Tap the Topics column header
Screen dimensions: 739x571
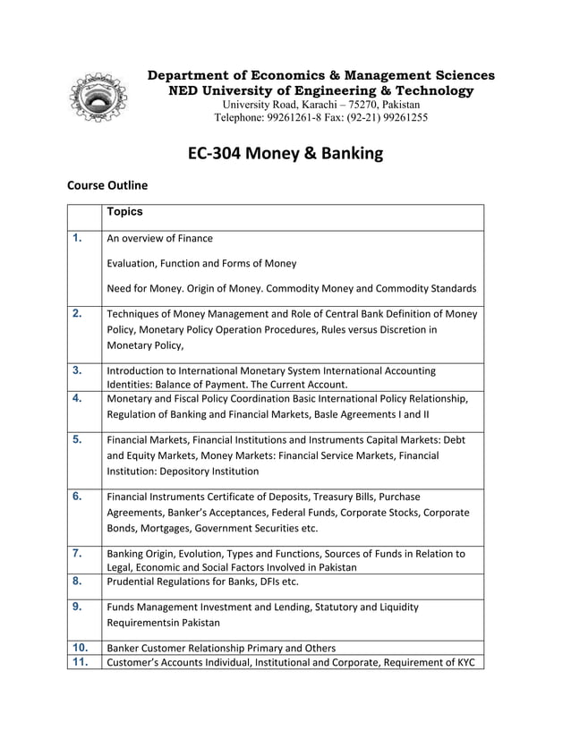pyautogui.click(x=124, y=213)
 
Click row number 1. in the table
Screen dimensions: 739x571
pyautogui.click(x=78, y=238)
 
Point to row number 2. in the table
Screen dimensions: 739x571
pyautogui.click(x=78, y=313)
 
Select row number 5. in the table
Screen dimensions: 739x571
pyautogui.click(x=78, y=439)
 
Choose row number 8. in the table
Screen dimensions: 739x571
pyautogui.click(x=78, y=582)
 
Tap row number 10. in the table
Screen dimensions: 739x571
pyautogui.click(x=80, y=647)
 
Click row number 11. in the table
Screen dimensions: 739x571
pyautogui.click(x=80, y=662)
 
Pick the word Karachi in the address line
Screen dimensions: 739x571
pyautogui.click(x=308, y=104)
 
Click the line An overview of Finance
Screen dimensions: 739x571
pyautogui.click(x=159, y=239)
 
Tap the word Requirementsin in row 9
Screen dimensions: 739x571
pyautogui.click(x=149, y=623)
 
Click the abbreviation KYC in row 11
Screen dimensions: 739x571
pyautogui.click(x=466, y=663)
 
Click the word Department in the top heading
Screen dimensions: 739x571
pyautogui.click(x=191, y=75)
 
